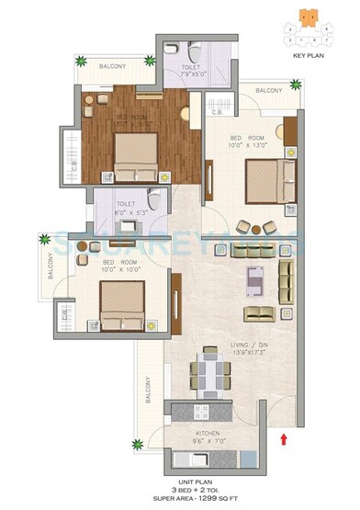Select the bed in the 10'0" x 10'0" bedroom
coord(123,304)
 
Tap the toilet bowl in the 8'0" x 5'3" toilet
coord(155,201)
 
